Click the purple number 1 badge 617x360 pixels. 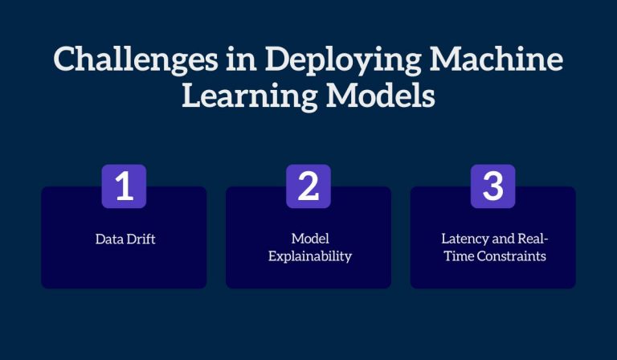coord(123,186)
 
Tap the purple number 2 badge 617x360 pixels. coord(308,186)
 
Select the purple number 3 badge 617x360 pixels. coord(492,186)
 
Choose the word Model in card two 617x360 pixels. coord(308,239)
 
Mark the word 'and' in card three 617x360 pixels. coord(500,239)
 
